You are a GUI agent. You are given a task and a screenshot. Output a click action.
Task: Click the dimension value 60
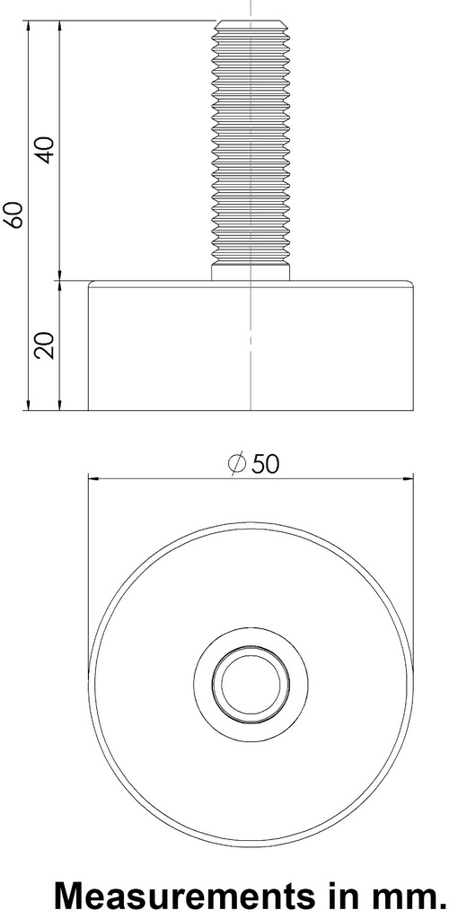pyautogui.click(x=13, y=215)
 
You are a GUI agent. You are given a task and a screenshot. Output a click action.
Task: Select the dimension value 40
pyautogui.click(x=44, y=148)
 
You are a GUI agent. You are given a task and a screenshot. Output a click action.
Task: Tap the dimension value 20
pyautogui.click(x=44, y=345)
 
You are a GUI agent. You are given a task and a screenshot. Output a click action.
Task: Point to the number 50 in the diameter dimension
pyautogui.click(x=265, y=464)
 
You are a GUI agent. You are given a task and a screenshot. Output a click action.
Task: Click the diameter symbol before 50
pyautogui.click(x=237, y=464)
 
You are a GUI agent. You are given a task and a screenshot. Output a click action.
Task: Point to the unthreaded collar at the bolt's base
pyautogui.click(x=251, y=271)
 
